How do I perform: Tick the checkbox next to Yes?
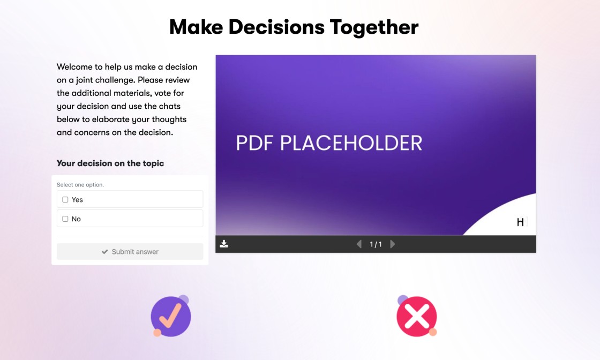click(65, 199)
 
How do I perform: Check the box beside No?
click(65, 219)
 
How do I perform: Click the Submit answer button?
click(130, 252)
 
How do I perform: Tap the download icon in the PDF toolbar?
click(224, 244)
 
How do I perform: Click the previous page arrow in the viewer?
click(359, 244)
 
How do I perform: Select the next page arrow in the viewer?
click(393, 244)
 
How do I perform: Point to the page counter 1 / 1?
click(376, 244)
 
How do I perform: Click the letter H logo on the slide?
click(520, 222)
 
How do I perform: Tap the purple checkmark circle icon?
click(171, 316)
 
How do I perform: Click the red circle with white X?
click(416, 317)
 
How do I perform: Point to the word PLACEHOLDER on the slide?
click(351, 143)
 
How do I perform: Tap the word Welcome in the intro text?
click(76, 67)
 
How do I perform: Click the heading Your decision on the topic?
click(110, 163)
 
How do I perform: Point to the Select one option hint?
click(80, 185)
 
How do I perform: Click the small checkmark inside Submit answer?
click(105, 252)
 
